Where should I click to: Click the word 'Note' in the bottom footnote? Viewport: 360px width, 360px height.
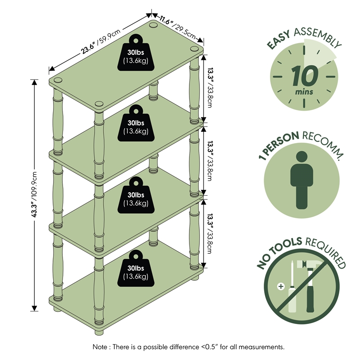tap(100, 347)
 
